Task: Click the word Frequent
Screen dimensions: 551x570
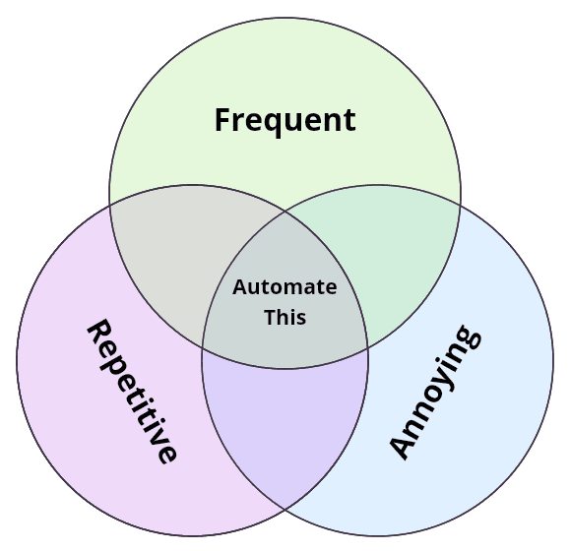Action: pyautogui.click(x=285, y=120)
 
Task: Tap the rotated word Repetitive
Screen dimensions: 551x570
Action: pyautogui.click(x=133, y=391)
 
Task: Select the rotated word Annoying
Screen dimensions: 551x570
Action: pyautogui.click(x=434, y=391)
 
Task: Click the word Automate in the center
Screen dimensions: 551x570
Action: pyautogui.click(x=285, y=287)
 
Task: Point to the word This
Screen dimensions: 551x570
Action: pyautogui.click(x=285, y=317)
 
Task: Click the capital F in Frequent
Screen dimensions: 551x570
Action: pyautogui.click(x=222, y=120)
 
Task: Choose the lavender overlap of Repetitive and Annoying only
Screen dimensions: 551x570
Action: pyautogui.click(x=285, y=433)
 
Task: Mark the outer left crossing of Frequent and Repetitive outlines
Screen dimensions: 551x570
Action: pyautogui.click(x=110, y=203)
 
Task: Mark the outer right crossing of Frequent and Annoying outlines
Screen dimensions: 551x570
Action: pyautogui.click(x=460, y=203)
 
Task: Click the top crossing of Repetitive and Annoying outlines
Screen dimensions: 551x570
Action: pyautogui.click(x=285, y=210)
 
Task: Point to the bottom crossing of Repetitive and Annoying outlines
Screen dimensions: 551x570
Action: pyautogui.click(x=285, y=509)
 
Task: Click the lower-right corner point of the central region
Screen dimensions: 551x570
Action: pyautogui.click(x=367, y=348)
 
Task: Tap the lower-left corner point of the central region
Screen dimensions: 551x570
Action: pyautogui.click(x=203, y=348)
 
